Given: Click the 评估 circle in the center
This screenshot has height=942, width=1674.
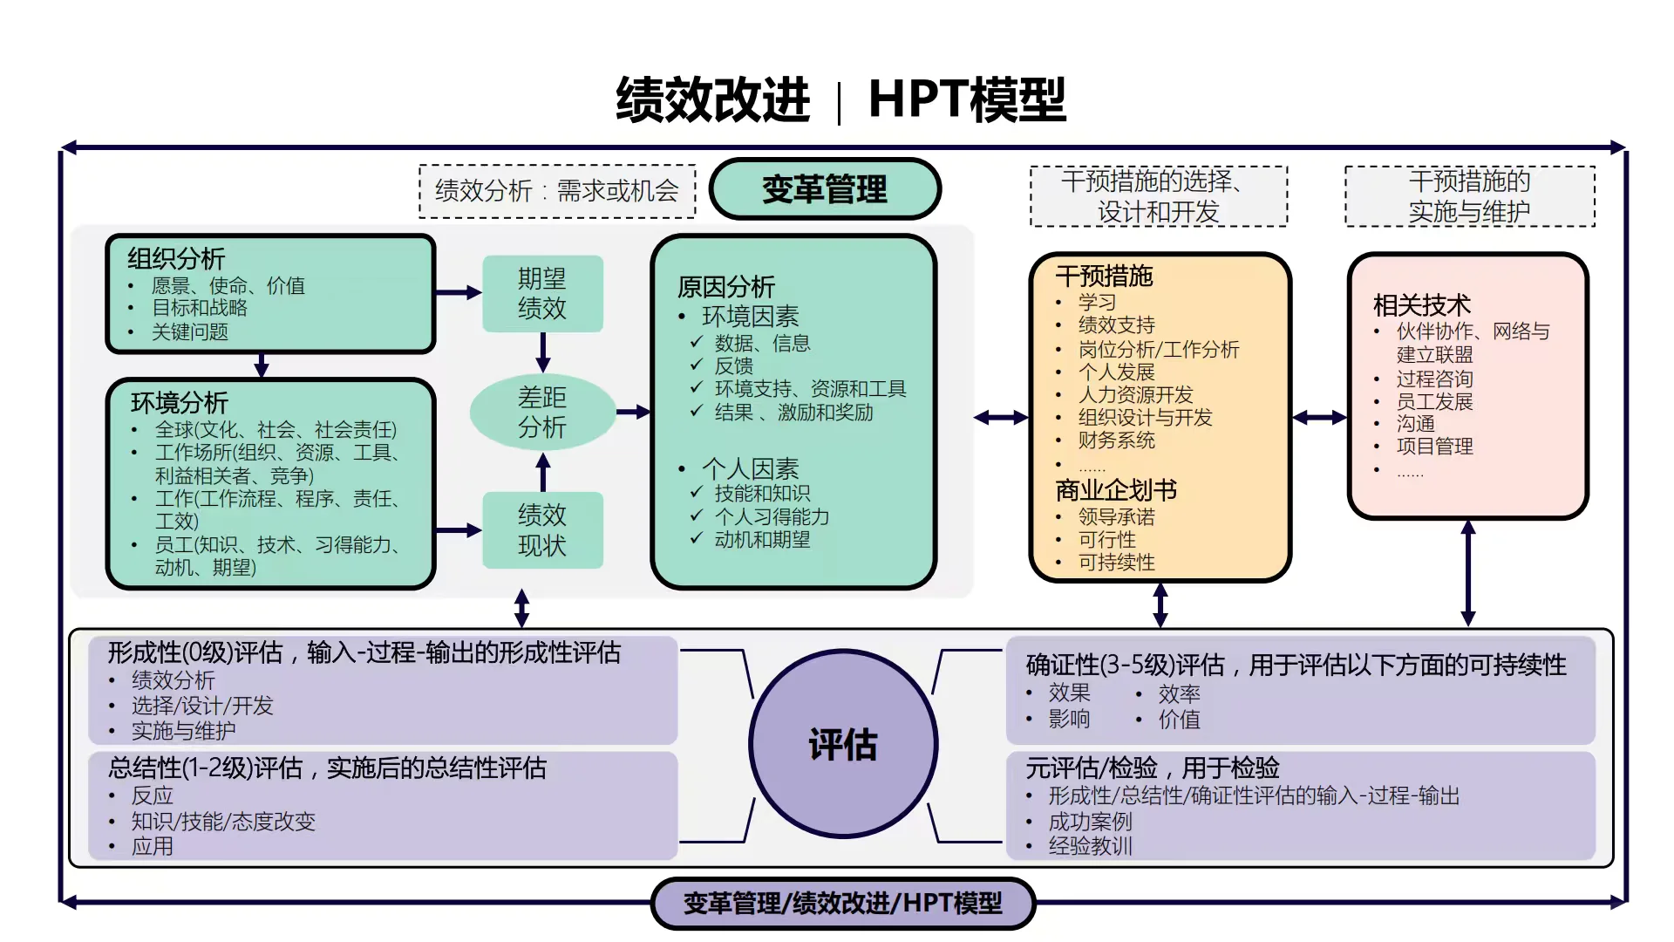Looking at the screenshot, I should tap(842, 744).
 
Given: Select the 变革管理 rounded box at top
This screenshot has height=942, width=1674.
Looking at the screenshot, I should tap(824, 189).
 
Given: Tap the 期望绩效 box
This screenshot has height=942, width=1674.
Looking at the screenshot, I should tap(542, 294).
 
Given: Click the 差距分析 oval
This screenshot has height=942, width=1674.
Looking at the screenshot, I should tap(542, 413).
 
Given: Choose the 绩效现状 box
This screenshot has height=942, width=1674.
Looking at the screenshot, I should tap(542, 530).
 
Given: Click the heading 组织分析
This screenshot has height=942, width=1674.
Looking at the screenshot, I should tap(176, 258).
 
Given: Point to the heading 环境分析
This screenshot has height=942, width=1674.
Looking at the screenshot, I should tap(180, 402).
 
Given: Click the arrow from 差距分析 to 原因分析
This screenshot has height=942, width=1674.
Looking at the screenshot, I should tap(633, 412).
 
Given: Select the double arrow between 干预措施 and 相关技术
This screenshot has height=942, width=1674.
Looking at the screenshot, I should tap(1319, 418).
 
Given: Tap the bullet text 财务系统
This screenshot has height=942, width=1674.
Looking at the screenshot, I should tap(1116, 440).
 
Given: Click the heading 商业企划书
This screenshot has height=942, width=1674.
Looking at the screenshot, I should tap(1116, 490).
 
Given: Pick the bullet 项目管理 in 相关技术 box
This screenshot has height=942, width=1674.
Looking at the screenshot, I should tap(1434, 447).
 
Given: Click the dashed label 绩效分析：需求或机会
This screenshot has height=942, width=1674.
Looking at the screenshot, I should tap(556, 191).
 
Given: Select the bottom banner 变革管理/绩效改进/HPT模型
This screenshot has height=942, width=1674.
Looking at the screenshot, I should tap(842, 903).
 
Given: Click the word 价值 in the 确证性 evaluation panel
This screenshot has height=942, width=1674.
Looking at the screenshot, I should tap(1179, 720).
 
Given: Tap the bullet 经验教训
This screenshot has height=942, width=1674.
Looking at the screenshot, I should tap(1090, 846).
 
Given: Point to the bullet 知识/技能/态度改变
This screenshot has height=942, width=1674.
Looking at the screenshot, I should tap(223, 822).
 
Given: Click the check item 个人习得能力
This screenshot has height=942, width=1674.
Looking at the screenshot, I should tap(772, 517).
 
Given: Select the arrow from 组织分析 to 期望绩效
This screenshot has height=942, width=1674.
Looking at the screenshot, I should tap(459, 293).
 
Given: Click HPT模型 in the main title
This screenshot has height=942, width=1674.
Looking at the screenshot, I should tap(967, 99).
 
